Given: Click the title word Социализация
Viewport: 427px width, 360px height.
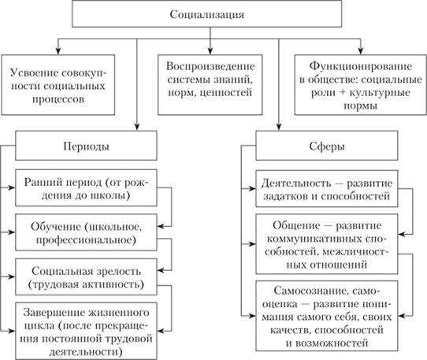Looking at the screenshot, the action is pyautogui.click(x=206, y=14).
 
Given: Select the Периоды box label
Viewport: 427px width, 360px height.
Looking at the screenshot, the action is pyautogui.click(x=87, y=147).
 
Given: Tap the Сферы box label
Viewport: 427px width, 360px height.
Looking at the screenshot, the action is pyautogui.click(x=327, y=147).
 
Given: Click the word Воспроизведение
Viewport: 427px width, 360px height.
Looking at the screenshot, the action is pyautogui.click(x=210, y=66).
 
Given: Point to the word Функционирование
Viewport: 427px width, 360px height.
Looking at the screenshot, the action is pyautogui.click(x=361, y=66).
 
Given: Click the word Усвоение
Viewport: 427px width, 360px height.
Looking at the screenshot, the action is pyautogui.click(x=35, y=73).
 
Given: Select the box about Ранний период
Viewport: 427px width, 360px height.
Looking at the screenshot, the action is pyautogui.click(x=86, y=188).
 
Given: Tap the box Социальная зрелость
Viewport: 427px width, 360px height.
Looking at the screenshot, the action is pyautogui.click(x=86, y=276).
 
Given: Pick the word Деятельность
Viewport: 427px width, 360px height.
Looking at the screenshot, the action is pyautogui.click(x=295, y=184).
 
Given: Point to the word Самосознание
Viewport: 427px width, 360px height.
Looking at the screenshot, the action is pyautogui.click(x=310, y=291).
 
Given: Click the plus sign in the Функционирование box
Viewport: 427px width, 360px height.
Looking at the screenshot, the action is pyautogui.click(x=342, y=93).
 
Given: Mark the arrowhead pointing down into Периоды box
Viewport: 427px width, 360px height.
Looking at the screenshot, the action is pyautogui.click(x=137, y=127).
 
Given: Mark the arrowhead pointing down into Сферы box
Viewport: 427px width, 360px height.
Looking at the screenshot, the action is pyautogui.click(x=278, y=127).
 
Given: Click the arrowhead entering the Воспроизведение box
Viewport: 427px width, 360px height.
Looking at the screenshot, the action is pyautogui.click(x=210, y=51).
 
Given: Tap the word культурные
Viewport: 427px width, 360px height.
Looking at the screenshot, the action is pyautogui.click(x=380, y=93).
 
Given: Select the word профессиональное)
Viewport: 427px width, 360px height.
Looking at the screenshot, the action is pyautogui.click(x=86, y=240).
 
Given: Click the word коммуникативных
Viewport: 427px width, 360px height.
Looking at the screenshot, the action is pyautogui.click(x=314, y=239).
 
